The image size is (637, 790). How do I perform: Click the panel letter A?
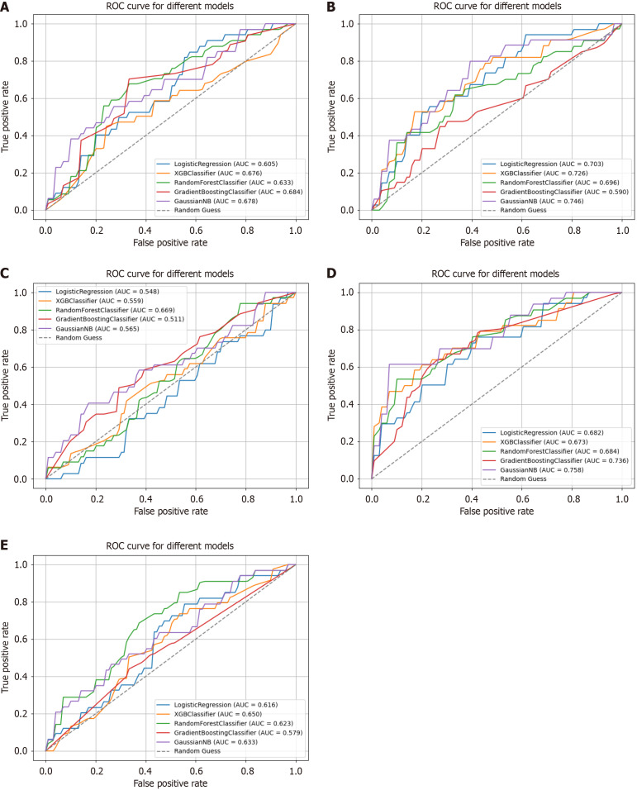(x=7, y=7)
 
